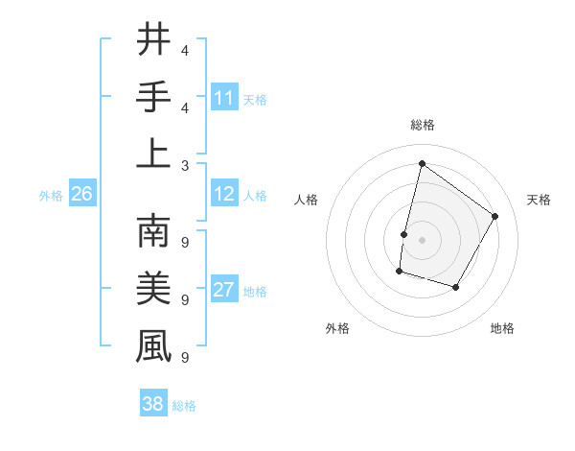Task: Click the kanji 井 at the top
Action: [153, 40]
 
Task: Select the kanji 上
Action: [153, 153]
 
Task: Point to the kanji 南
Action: [153, 231]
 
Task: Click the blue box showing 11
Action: [224, 98]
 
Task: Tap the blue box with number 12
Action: [224, 195]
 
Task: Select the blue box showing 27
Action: [224, 291]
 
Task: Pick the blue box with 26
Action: [81, 195]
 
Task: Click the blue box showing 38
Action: [153, 405]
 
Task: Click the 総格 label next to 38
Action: [184, 406]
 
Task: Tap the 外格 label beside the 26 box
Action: [51, 196]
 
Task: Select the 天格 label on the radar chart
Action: [540, 200]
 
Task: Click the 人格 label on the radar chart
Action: [307, 200]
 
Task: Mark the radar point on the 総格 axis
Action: [422, 163]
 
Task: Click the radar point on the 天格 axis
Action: [495, 216]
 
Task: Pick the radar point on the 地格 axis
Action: [456, 288]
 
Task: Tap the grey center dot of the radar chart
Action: [422, 240]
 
